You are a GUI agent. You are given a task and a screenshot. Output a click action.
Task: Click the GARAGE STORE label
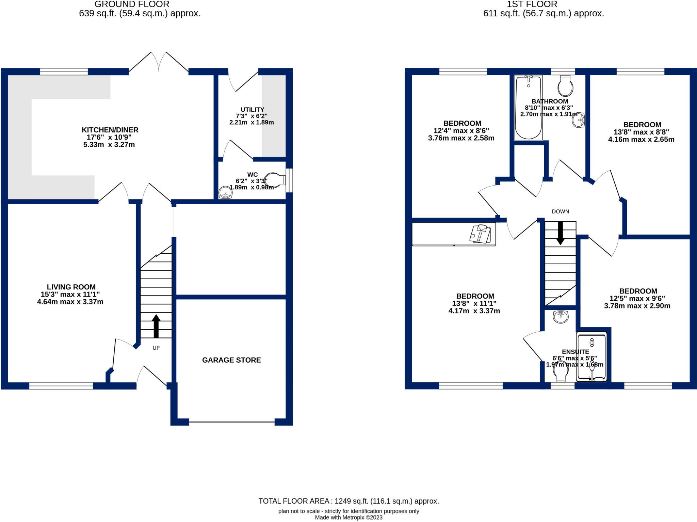click(x=231, y=360)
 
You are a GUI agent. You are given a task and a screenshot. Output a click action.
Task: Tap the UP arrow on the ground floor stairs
click(x=156, y=326)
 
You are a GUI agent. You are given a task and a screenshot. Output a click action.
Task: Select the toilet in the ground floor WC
click(x=275, y=180)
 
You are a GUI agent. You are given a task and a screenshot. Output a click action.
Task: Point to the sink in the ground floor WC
click(x=225, y=193)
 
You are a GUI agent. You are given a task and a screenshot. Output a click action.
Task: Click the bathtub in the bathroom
click(x=528, y=108)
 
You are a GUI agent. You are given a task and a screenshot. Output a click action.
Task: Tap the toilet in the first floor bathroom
click(x=565, y=86)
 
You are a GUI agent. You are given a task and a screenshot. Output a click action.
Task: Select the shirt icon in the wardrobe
click(x=480, y=234)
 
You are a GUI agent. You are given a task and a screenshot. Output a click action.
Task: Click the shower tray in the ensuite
click(x=591, y=357)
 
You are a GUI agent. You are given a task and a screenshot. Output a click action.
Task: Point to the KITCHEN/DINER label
click(x=110, y=130)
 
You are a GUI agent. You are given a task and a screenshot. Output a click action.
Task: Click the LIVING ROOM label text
click(x=71, y=287)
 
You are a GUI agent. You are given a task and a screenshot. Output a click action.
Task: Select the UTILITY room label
click(x=252, y=110)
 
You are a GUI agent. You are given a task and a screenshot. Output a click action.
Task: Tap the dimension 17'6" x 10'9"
click(x=109, y=137)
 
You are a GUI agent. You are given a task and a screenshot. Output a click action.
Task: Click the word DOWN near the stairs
click(x=560, y=211)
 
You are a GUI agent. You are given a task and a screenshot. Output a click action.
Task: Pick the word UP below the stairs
click(x=156, y=348)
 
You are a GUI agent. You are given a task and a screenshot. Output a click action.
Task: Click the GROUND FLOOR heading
click(x=132, y=4)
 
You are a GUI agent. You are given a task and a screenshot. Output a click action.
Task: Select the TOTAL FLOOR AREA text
click(x=348, y=501)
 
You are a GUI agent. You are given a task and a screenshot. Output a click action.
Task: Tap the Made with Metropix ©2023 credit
click(x=348, y=518)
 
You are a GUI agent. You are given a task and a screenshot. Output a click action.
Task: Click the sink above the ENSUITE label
click(x=561, y=317)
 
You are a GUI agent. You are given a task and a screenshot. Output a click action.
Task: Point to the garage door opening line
click(x=232, y=422)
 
